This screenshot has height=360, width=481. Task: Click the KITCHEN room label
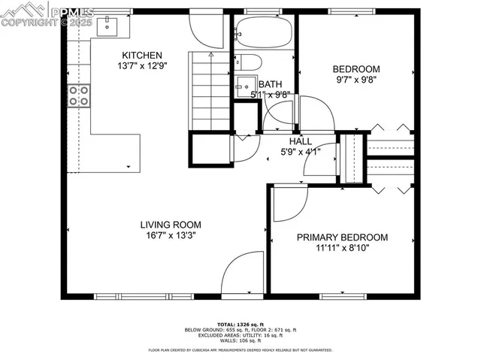click(x=142, y=55)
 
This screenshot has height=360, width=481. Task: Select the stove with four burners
click(x=79, y=95)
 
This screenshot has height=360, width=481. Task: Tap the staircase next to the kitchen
click(x=210, y=92)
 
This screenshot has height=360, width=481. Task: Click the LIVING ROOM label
click(x=173, y=224)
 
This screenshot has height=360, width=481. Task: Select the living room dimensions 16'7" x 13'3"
click(x=173, y=235)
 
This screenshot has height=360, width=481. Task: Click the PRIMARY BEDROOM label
click(x=342, y=237)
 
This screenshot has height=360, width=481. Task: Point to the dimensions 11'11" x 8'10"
click(x=342, y=249)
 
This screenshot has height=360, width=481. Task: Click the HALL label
click(x=301, y=141)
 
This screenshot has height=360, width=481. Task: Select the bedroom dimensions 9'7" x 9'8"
click(x=357, y=80)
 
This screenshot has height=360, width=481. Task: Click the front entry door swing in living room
click(x=243, y=274)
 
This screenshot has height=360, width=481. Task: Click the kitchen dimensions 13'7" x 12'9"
click(x=142, y=66)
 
